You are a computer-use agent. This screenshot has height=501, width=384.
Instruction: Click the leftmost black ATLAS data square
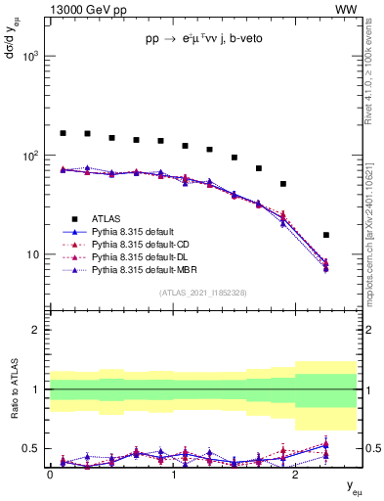pos(64,133)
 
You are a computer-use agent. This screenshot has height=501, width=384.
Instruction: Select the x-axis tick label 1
pos(173,473)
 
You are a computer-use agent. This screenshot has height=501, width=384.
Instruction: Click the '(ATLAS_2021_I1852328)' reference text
pos(202,293)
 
